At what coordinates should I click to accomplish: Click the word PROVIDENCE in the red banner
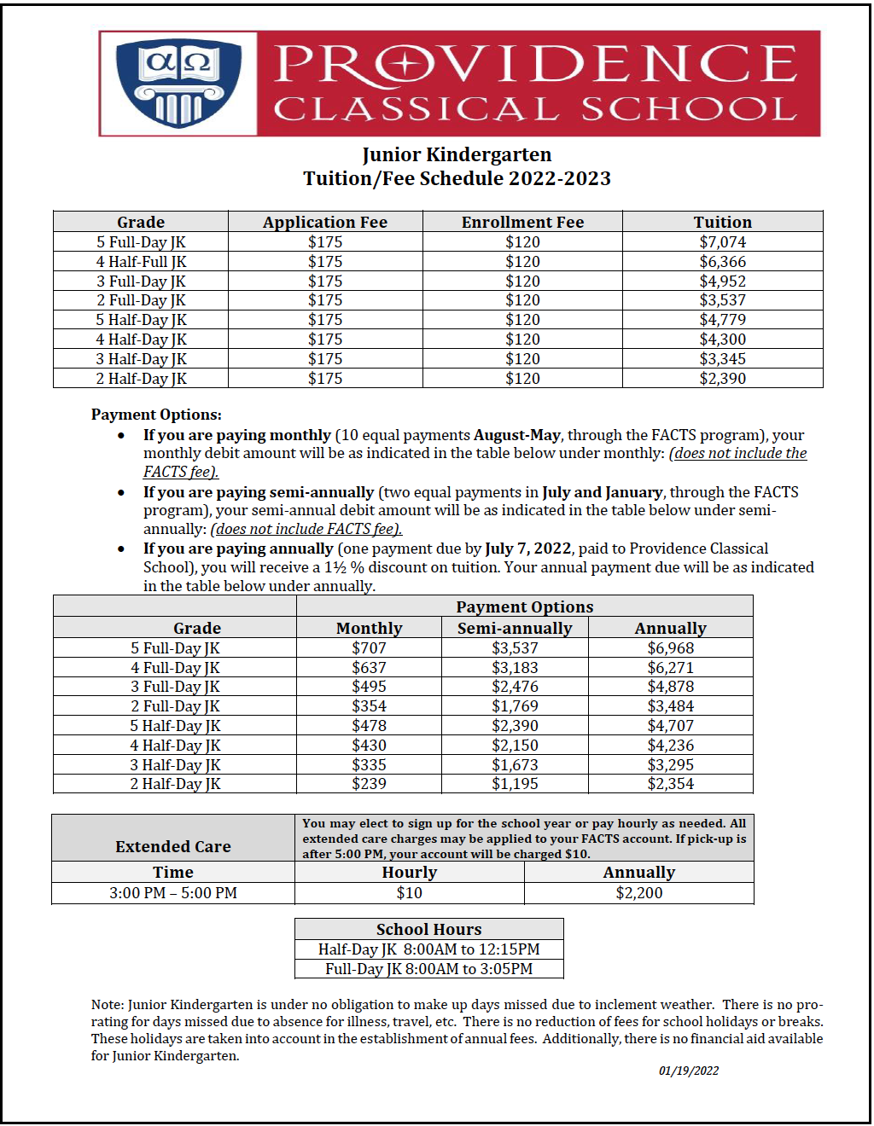[535, 64]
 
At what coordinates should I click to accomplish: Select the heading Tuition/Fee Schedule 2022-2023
[457, 178]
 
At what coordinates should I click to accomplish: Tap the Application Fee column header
[324, 222]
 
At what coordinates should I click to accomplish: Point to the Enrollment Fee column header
[522, 222]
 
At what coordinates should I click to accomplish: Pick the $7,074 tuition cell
[722, 242]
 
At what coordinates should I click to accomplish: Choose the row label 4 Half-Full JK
[141, 262]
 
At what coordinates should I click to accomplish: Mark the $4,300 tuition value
[722, 340]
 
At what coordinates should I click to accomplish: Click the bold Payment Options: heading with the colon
[156, 415]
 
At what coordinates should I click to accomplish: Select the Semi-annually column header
[515, 628]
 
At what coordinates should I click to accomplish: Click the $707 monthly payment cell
[369, 648]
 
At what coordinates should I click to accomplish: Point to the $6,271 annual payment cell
[670, 668]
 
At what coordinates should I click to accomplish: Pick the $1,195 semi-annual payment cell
[515, 784]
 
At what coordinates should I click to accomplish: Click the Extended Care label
[173, 846]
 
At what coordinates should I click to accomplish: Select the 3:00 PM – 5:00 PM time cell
[173, 893]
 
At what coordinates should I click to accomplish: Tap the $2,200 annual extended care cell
[638, 893]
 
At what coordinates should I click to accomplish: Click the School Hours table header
[428, 929]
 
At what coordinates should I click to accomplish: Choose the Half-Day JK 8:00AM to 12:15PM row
[428, 949]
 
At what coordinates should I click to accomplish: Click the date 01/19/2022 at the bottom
[688, 1071]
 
